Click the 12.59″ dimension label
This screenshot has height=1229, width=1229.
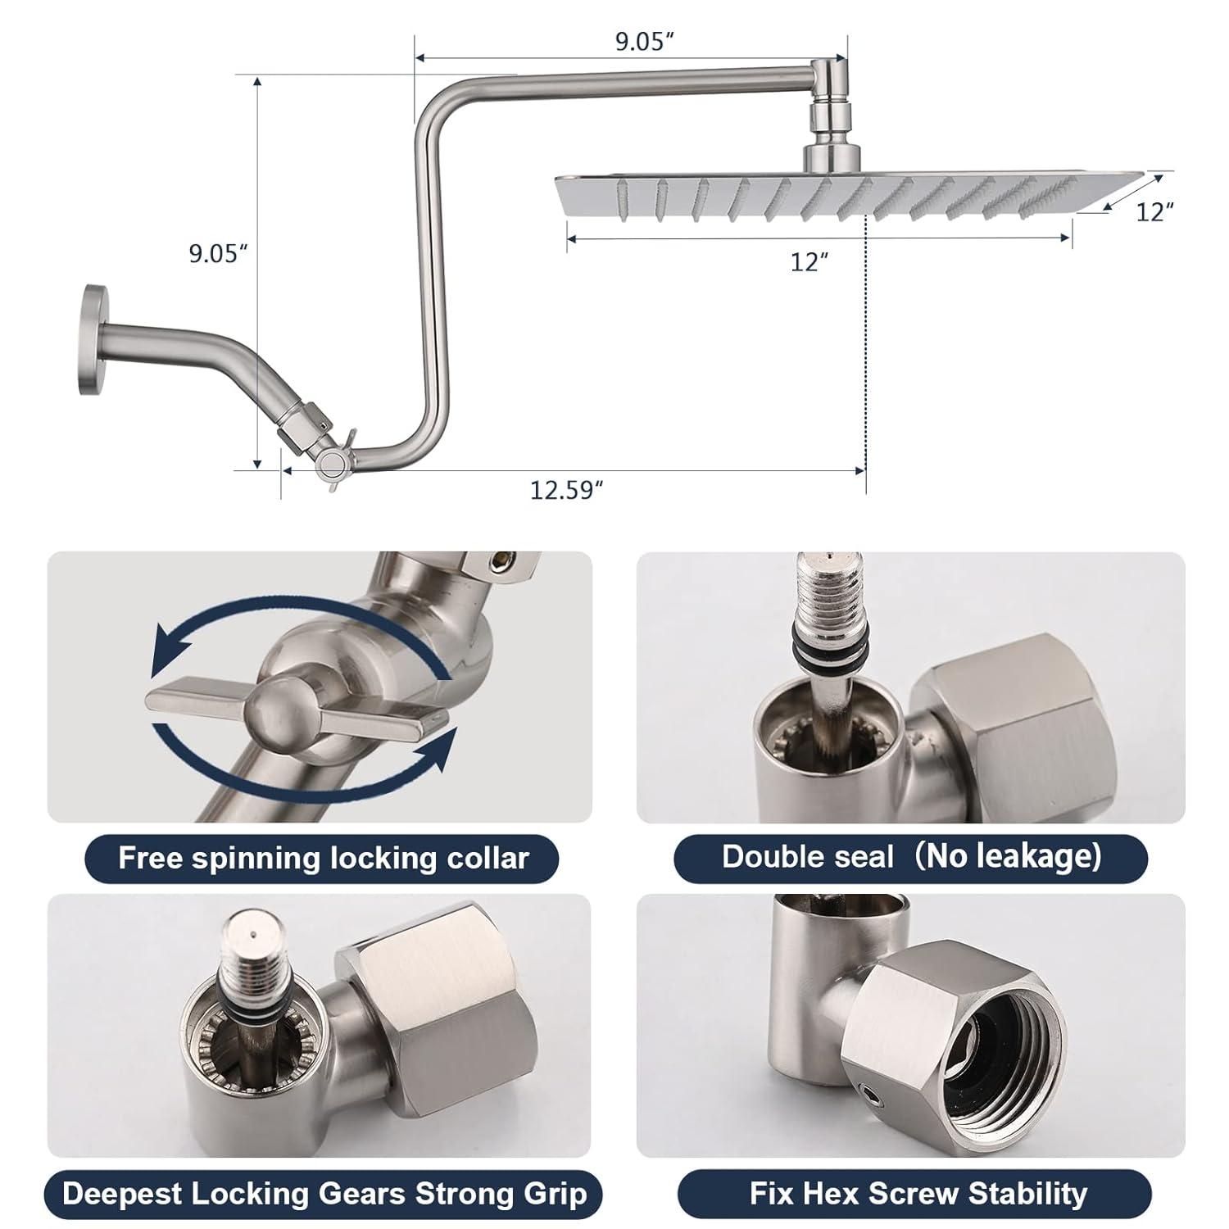pos(567,490)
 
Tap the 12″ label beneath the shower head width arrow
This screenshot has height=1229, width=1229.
pos(810,262)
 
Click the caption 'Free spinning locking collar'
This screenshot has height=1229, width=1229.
pos(324,858)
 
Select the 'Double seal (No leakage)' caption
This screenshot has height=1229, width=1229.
pos(911,857)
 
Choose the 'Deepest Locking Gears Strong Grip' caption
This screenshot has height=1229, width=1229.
pos(324,1194)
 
